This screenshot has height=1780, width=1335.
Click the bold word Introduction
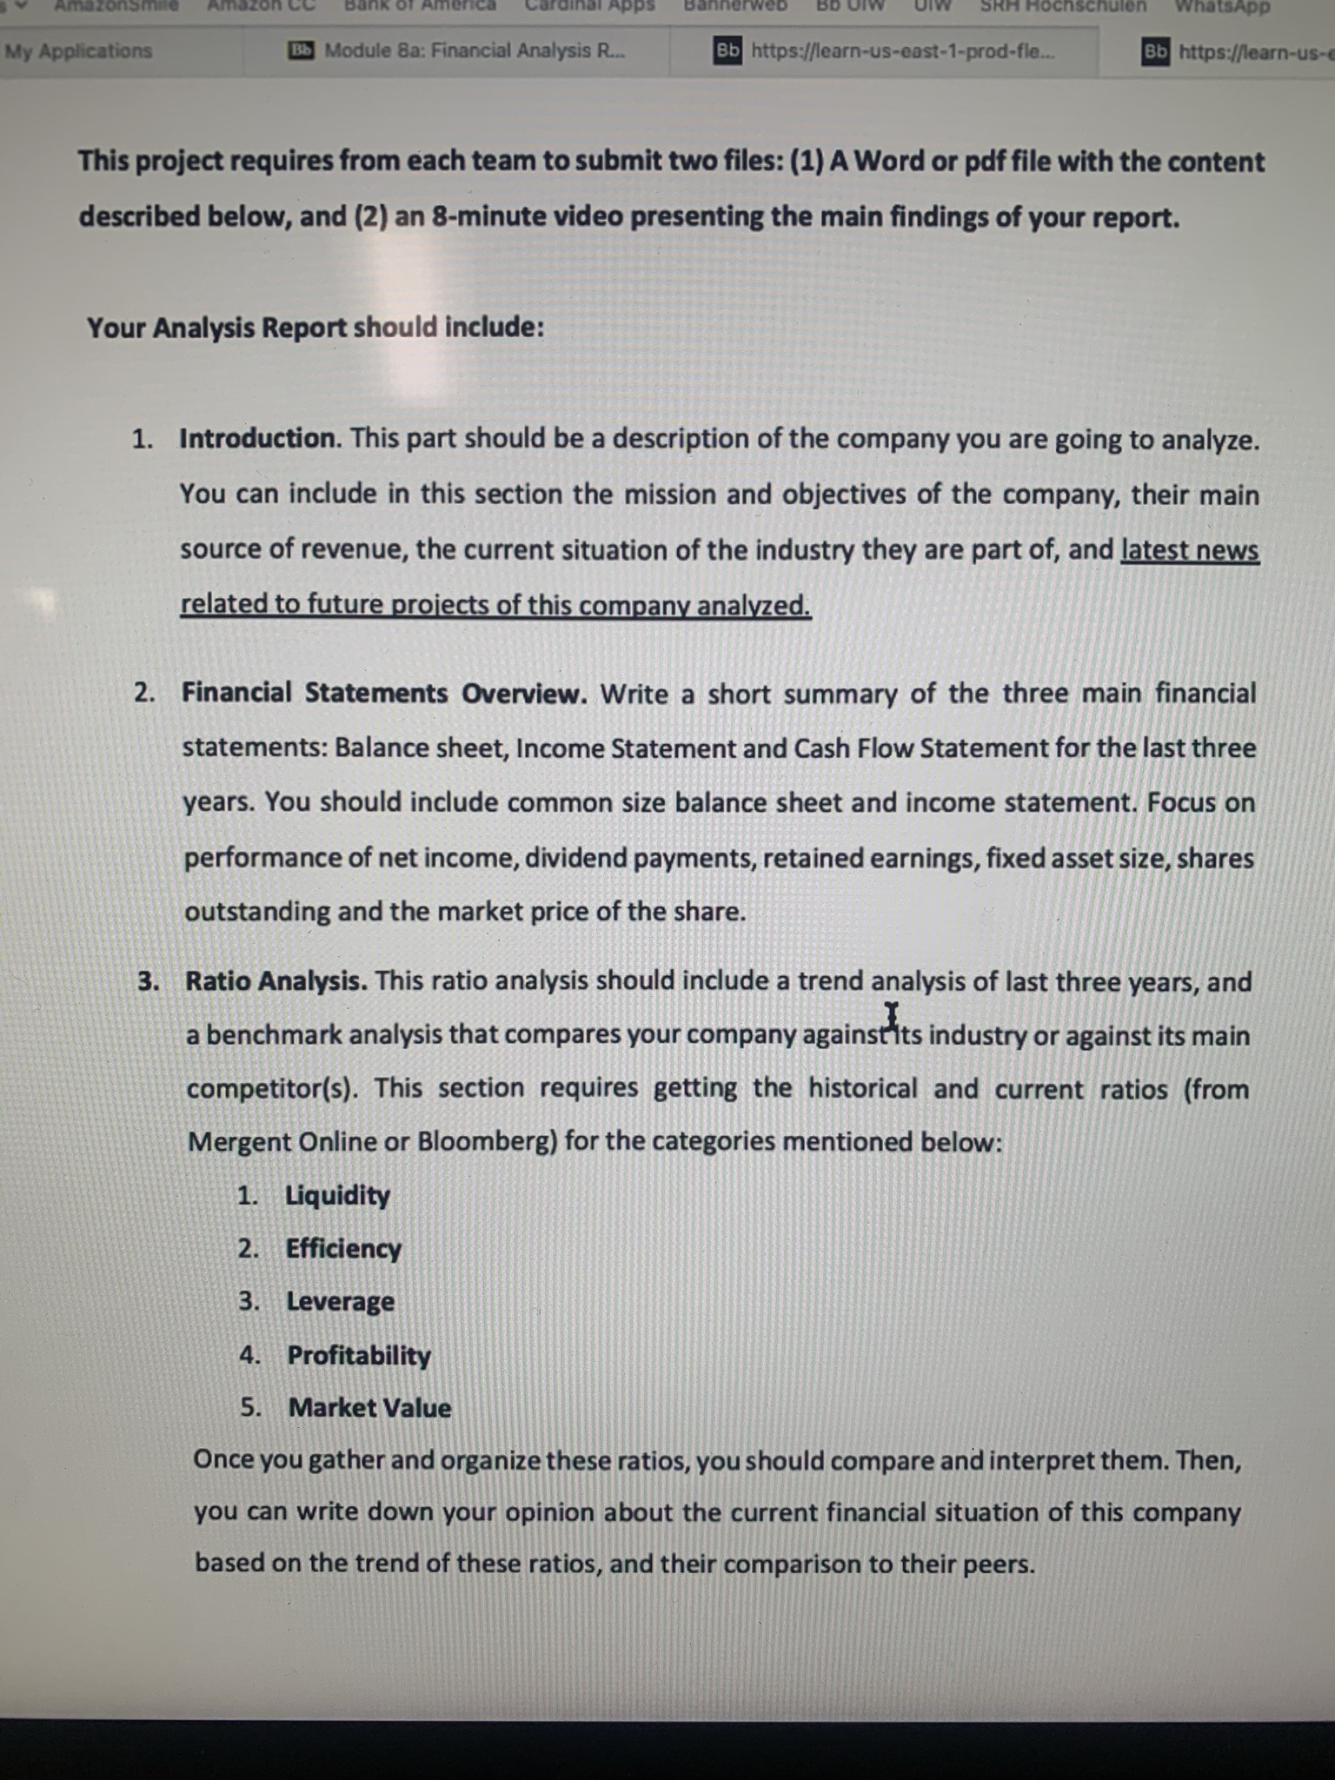pos(257,438)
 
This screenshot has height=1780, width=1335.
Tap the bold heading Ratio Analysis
pos(276,981)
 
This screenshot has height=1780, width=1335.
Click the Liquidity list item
pos(338,1195)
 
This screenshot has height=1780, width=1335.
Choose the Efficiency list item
pos(343,1248)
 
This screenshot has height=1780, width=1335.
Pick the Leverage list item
pos(341,1301)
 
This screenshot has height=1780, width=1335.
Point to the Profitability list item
pos(359,1355)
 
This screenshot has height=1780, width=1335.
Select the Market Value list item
pos(369,1408)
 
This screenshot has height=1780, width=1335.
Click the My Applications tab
pos(78,50)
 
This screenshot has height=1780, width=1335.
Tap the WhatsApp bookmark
pos(1222,7)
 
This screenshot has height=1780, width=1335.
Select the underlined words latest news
pos(1189,550)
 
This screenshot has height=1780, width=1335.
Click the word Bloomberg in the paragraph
pos(487,1141)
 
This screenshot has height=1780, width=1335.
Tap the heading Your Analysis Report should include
pos(315,328)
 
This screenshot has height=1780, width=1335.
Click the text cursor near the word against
pos(891,1015)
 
